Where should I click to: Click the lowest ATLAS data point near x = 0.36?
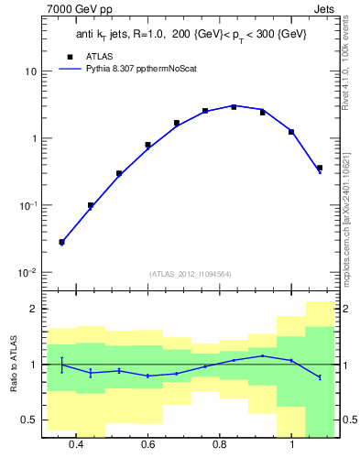[x=61, y=242]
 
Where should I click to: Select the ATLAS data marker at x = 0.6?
[x=147, y=145]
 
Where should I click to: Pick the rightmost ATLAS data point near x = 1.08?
[x=319, y=168]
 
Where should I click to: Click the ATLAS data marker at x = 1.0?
[x=291, y=132]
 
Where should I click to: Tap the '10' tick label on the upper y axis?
[x=31, y=71]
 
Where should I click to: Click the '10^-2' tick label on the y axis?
[x=27, y=273]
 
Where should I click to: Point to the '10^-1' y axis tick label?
[x=27, y=206]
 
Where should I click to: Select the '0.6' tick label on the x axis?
[x=147, y=444]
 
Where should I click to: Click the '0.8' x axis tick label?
[x=219, y=444]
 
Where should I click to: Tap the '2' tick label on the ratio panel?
[x=34, y=310]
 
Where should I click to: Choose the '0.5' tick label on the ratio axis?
[x=29, y=420]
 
